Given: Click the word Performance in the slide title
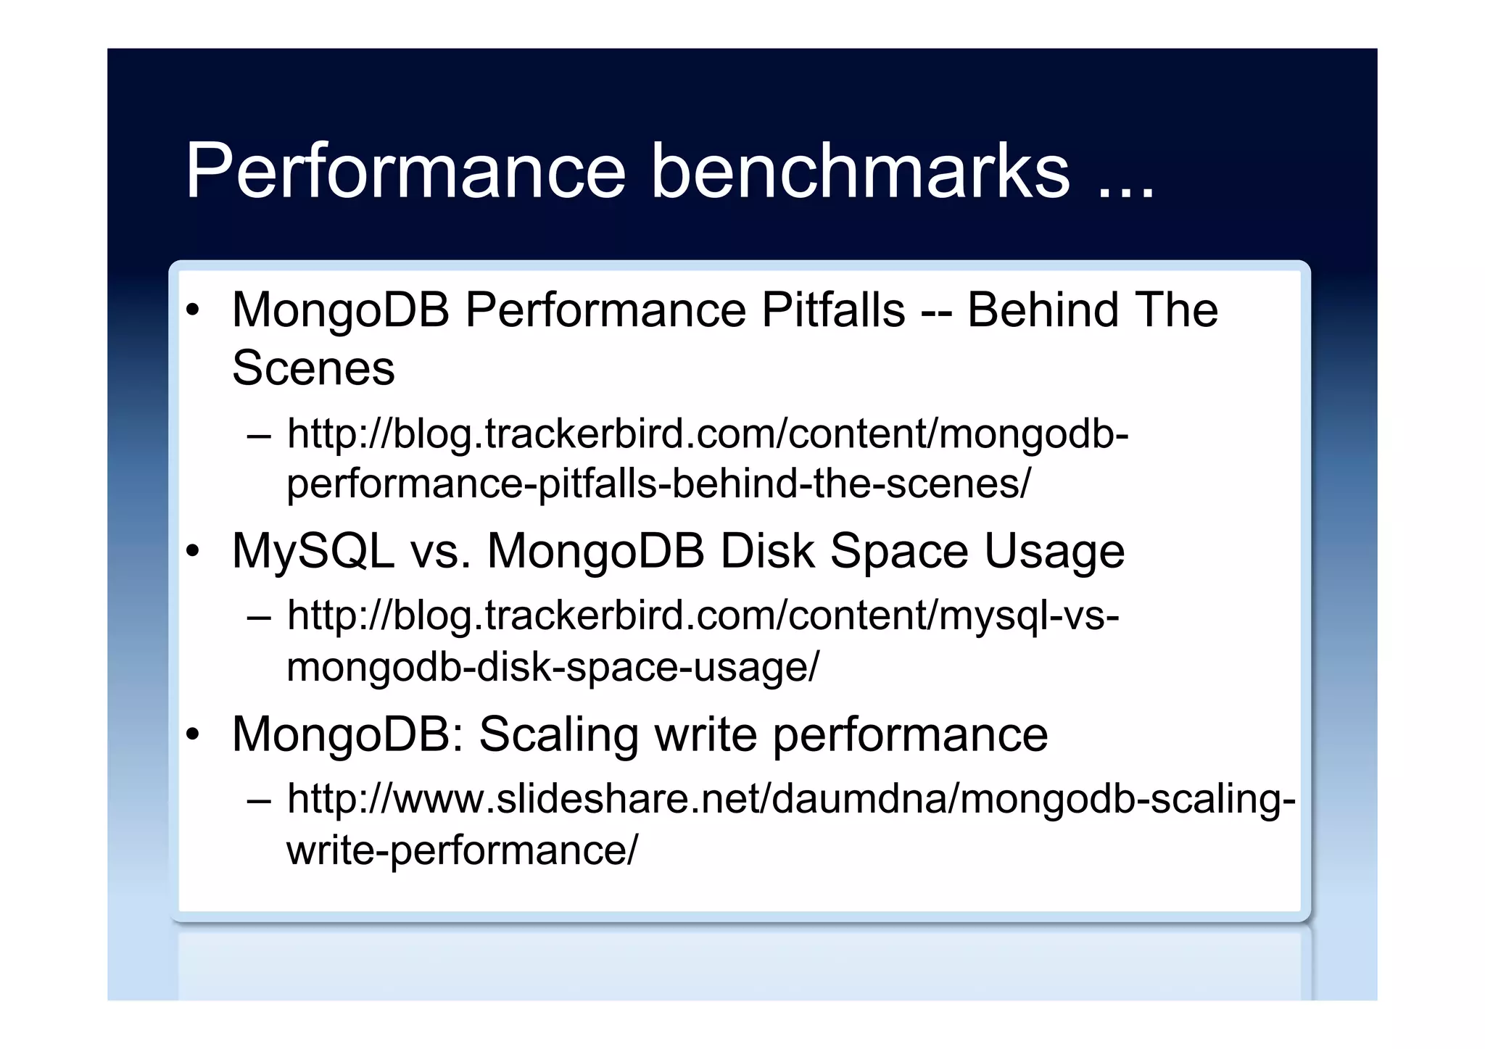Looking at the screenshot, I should (405, 171).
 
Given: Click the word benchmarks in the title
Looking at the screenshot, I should (860, 171).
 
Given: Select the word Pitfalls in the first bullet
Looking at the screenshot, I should (832, 310).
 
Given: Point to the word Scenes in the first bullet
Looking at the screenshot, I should (313, 368).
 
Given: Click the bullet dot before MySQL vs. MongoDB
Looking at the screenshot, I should (192, 552).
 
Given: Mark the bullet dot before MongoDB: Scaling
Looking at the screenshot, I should (192, 735).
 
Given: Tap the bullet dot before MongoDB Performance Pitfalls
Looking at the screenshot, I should (192, 311).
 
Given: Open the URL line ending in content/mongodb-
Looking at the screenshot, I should (708, 434).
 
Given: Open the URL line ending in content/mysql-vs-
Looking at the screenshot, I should (703, 615).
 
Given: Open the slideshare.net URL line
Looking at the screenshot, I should (790, 799).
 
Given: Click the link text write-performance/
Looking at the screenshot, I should (463, 850).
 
